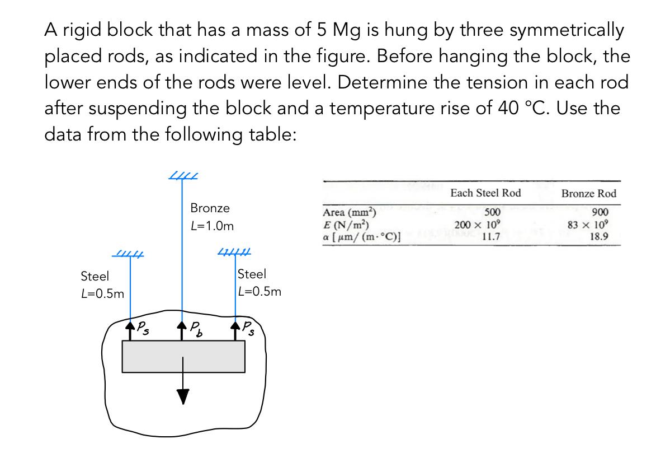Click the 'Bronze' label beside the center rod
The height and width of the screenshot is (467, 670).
(x=210, y=208)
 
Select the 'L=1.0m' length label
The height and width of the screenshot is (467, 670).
(x=212, y=227)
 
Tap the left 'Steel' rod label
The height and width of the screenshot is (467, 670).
(x=95, y=276)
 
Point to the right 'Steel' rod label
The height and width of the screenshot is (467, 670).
(x=252, y=274)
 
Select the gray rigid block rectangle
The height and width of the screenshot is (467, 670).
(x=183, y=356)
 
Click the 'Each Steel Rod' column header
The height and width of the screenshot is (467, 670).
(x=485, y=193)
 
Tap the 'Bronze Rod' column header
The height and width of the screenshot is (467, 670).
(x=589, y=194)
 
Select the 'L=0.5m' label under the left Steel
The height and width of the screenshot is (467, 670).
(x=103, y=294)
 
